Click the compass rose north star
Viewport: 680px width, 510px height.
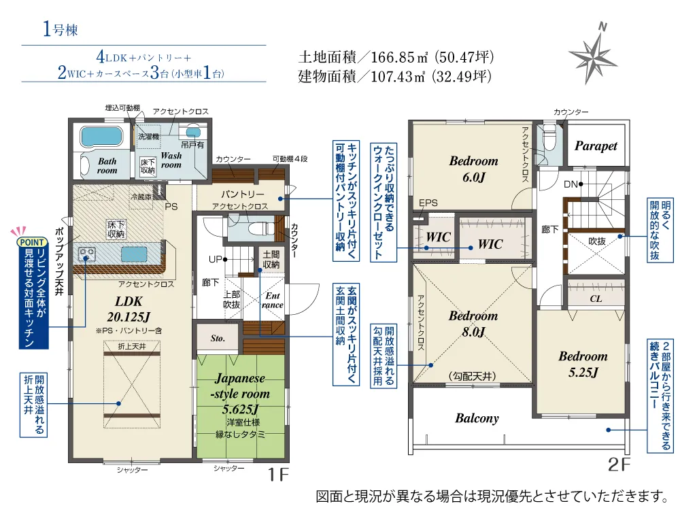[x=593, y=56]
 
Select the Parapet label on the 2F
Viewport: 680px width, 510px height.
[x=596, y=147]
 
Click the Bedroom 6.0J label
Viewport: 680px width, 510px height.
[x=473, y=169]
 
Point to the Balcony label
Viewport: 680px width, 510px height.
[x=477, y=418]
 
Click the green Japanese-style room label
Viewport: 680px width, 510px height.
[x=240, y=393]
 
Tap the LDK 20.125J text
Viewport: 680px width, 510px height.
[x=129, y=309]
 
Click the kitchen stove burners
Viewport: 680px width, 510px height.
[x=87, y=253]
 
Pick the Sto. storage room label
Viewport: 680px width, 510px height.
[x=218, y=338]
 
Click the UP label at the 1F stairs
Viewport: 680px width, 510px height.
[x=216, y=259]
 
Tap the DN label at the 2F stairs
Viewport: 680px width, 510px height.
[x=571, y=184]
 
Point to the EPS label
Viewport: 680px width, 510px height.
[x=428, y=203]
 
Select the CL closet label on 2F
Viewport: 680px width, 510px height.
[x=596, y=299]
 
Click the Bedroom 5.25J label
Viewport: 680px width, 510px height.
[x=583, y=364]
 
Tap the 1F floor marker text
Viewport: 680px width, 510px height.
[x=278, y=475]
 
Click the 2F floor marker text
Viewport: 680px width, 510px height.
[x=619, y=464]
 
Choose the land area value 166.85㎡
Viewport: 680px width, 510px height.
[x=399, y=57]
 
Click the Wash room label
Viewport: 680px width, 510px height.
[x=171, y=160]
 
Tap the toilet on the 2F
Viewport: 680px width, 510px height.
[x=549, y=137]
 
